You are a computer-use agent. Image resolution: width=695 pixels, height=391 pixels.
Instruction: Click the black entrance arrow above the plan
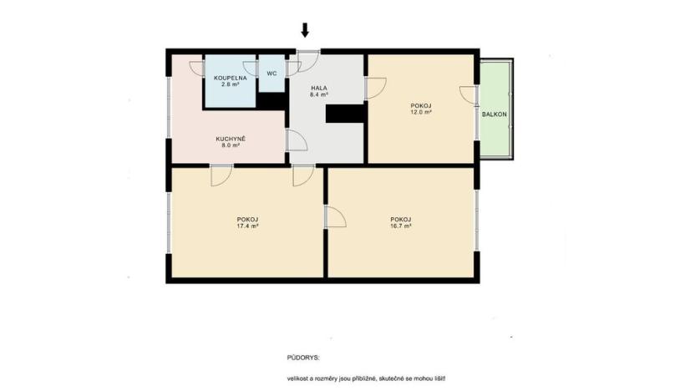[x=305, y=30]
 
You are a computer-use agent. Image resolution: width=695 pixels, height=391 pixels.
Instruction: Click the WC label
[x=271, y=74]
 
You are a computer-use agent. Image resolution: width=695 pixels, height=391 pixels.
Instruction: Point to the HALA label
[x=319, y=88]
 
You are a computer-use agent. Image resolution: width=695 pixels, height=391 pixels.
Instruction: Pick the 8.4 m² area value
[x=319, y=95]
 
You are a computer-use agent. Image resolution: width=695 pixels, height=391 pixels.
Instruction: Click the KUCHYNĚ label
[x=230, y=138]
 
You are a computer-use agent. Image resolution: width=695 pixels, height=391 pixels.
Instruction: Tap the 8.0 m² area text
[x=230, y=145]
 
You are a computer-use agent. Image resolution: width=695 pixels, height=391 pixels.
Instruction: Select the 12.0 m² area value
[x=422, y=111]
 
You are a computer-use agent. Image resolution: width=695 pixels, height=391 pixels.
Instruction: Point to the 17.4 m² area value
[x=248, y=226]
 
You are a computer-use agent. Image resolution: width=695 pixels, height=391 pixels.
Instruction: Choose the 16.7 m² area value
[x=401, y=226]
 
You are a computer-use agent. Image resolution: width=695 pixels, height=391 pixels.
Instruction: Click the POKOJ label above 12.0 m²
[x=422, y=104]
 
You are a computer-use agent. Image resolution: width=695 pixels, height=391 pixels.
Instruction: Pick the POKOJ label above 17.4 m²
[x=248, y=219]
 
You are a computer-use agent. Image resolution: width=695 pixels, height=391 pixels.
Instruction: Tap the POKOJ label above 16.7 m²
[x=401, y=219]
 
